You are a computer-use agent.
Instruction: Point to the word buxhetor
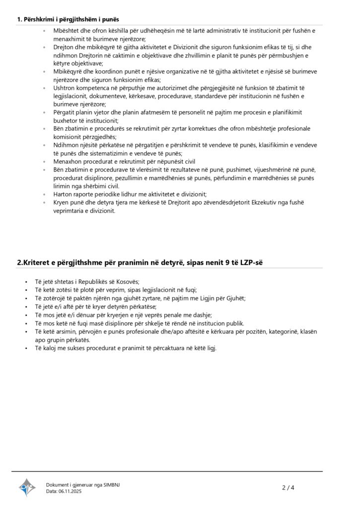[x=67, y=120]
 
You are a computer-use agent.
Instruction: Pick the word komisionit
[x=69, y=136]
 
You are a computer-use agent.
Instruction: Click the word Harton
[x=64, y=193]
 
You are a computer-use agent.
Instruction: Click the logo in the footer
[x=27, y=487]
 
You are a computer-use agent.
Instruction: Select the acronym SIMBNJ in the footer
[x=111, y=485]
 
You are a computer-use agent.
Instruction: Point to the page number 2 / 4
[x=288, y=488]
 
